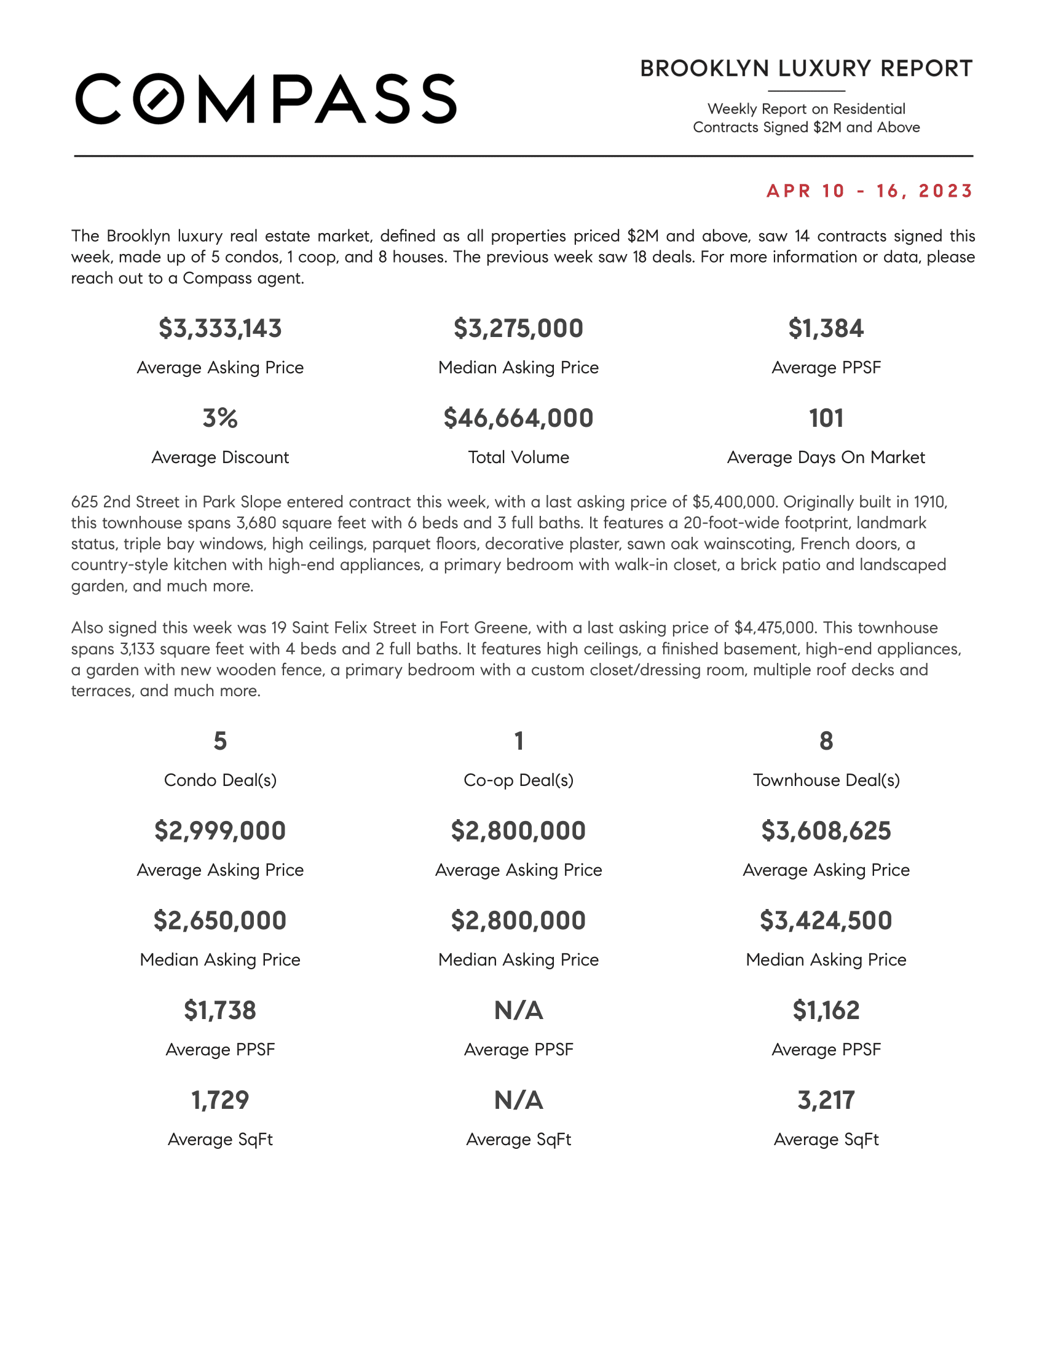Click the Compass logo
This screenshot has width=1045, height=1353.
(266, 99)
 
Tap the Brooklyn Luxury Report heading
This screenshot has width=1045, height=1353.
(806, 69)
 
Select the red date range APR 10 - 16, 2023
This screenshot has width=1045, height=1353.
(869, 191)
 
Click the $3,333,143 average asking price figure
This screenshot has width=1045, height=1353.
(220, 328)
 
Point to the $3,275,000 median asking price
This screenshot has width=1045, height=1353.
(518, 328)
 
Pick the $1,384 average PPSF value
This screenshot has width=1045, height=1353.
(825, 328)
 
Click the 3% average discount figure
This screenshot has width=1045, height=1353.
(220, 418)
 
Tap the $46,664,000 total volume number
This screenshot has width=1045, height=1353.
(518, 418)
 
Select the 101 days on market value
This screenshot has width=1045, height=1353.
(826, 418)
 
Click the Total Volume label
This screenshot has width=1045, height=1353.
(518, 457)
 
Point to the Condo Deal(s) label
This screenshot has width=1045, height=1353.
(220, 780)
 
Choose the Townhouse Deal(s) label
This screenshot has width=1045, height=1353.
(826, 780)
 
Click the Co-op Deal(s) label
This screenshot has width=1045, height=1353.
(518, 780)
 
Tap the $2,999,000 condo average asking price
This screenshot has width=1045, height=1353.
(220, 831)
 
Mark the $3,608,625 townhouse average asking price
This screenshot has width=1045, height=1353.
(826, 831)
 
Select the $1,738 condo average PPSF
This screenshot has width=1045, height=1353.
(220, 1010)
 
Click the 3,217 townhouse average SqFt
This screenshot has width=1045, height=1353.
(826, 1100)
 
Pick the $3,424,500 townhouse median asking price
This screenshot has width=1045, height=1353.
(826, 921)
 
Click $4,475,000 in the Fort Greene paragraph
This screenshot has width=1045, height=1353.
(775, 627)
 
